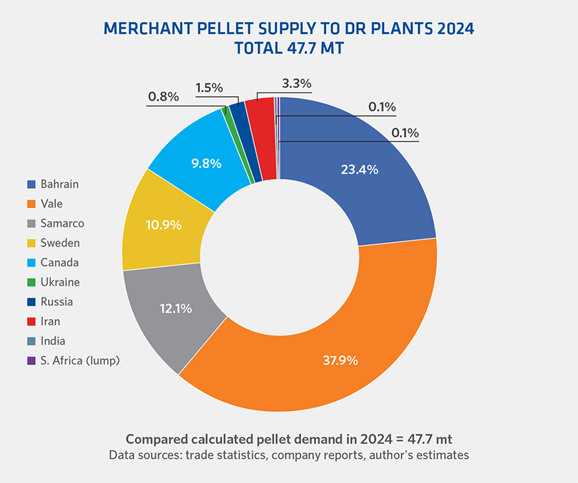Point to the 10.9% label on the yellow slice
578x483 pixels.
click(163, 225)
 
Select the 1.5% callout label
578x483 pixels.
click(208, 88)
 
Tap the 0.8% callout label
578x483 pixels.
click(163, 96)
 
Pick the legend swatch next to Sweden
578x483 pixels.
click(31, 243)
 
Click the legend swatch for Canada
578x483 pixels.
click(31, 263)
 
